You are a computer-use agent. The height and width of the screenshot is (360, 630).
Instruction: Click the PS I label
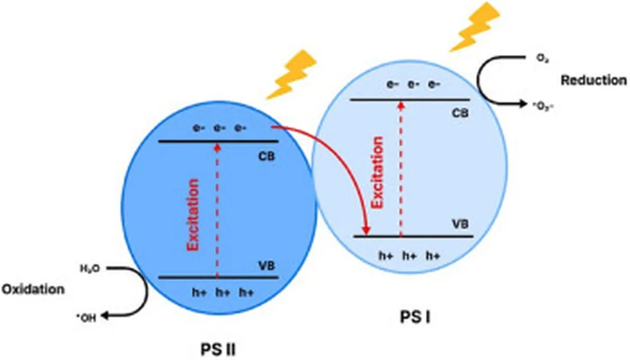click(417, 318)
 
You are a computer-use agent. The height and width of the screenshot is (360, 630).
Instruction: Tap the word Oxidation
click(33, 289)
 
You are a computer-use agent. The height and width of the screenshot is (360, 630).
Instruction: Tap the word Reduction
click(593, 81)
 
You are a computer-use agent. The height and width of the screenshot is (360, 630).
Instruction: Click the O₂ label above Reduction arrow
click(541, 58)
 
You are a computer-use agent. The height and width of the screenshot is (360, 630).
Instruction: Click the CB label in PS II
click(266, 156)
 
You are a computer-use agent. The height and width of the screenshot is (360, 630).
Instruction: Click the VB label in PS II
click(266, 266)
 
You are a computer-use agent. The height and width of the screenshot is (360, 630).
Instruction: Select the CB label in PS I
click(459, 113)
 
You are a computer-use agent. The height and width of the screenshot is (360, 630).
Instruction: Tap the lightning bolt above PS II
click(293, 74)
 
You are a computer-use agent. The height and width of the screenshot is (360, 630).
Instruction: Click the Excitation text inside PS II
click(194, 214)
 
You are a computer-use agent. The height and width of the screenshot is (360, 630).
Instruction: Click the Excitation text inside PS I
click(377, 172)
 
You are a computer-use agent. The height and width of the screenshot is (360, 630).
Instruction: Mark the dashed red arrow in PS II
click(217, 209)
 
